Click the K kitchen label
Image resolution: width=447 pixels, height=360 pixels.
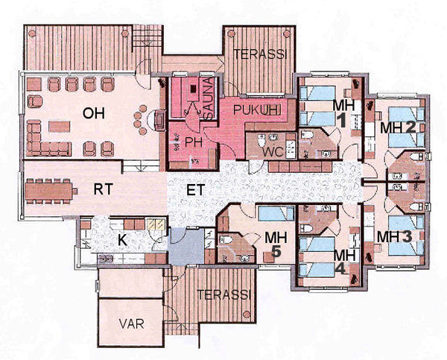pos(123,240)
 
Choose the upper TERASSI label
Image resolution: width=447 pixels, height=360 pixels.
pos(256,54)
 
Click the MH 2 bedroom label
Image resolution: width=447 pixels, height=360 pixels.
pos(397,128)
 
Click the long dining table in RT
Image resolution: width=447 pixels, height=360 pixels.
pos(51,191)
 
